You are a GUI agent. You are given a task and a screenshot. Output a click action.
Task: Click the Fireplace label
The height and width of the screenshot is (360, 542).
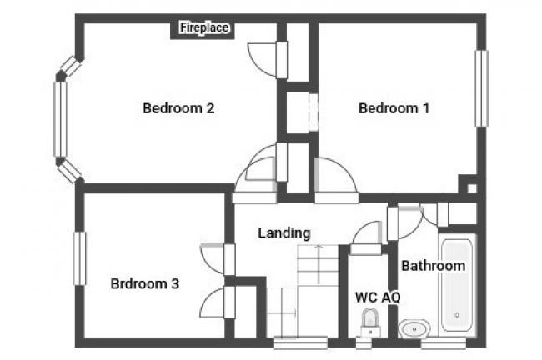[204, 27]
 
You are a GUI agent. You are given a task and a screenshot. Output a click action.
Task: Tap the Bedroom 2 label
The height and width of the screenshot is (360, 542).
[178, 108]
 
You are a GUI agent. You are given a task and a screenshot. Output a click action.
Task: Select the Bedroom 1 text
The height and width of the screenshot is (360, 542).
[394, 108]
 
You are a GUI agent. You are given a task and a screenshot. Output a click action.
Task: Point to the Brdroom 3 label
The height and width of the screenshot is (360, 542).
[145, 283]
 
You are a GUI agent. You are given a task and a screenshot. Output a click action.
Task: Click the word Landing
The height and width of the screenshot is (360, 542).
[284, 233]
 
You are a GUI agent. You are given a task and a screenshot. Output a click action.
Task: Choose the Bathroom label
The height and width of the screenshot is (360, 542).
[433, 266]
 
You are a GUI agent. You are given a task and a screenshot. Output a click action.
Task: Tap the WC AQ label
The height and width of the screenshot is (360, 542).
[378, 297]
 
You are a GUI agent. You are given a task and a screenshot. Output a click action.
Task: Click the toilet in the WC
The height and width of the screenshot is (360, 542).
[370, 323]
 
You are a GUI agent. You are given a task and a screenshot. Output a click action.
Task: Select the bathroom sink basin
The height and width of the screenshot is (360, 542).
[414, 328]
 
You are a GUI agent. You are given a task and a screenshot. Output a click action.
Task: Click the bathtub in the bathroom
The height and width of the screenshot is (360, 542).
[457, 285]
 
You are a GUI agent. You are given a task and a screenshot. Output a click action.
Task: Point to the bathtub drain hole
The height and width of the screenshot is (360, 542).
[457, 315]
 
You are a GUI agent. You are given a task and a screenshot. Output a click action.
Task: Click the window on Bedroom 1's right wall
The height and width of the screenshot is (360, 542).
[481, 88]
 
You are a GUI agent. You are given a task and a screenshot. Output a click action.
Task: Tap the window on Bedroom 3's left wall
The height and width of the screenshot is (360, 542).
[79, 258]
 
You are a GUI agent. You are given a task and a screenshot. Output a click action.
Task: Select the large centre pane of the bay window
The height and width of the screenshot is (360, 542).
[60, 119]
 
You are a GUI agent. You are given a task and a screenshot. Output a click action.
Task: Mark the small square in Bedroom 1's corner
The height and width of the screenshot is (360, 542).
[472, 188]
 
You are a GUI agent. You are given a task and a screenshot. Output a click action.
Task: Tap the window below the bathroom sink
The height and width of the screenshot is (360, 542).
[443, 343]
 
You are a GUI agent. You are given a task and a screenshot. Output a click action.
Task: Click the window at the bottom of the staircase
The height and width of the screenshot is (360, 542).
[300, 342]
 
